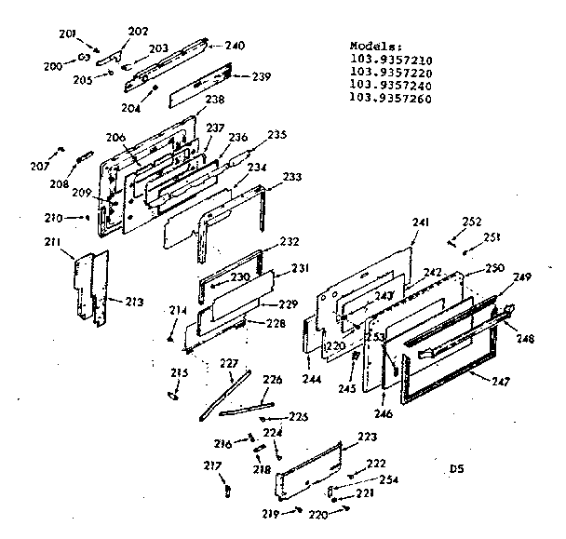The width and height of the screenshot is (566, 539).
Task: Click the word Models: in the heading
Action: tap(374, 46)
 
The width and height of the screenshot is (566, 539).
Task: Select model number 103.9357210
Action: tap(391, 59)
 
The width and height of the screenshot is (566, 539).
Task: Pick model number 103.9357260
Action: tap(391, 98)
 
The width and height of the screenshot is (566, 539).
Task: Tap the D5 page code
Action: tap(456, 467)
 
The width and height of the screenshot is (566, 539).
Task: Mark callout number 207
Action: tap(39, 166)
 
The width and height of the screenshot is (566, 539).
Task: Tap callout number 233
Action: tap(291, 176)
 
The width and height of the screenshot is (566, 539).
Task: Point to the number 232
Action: tap(290, 241)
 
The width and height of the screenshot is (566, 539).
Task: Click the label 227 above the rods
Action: tap(228, 363)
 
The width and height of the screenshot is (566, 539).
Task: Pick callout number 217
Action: tap(213, 465)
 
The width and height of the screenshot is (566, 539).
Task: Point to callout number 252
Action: tap(472, 222)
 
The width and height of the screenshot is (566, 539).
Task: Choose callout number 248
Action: tap(525, 339)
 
